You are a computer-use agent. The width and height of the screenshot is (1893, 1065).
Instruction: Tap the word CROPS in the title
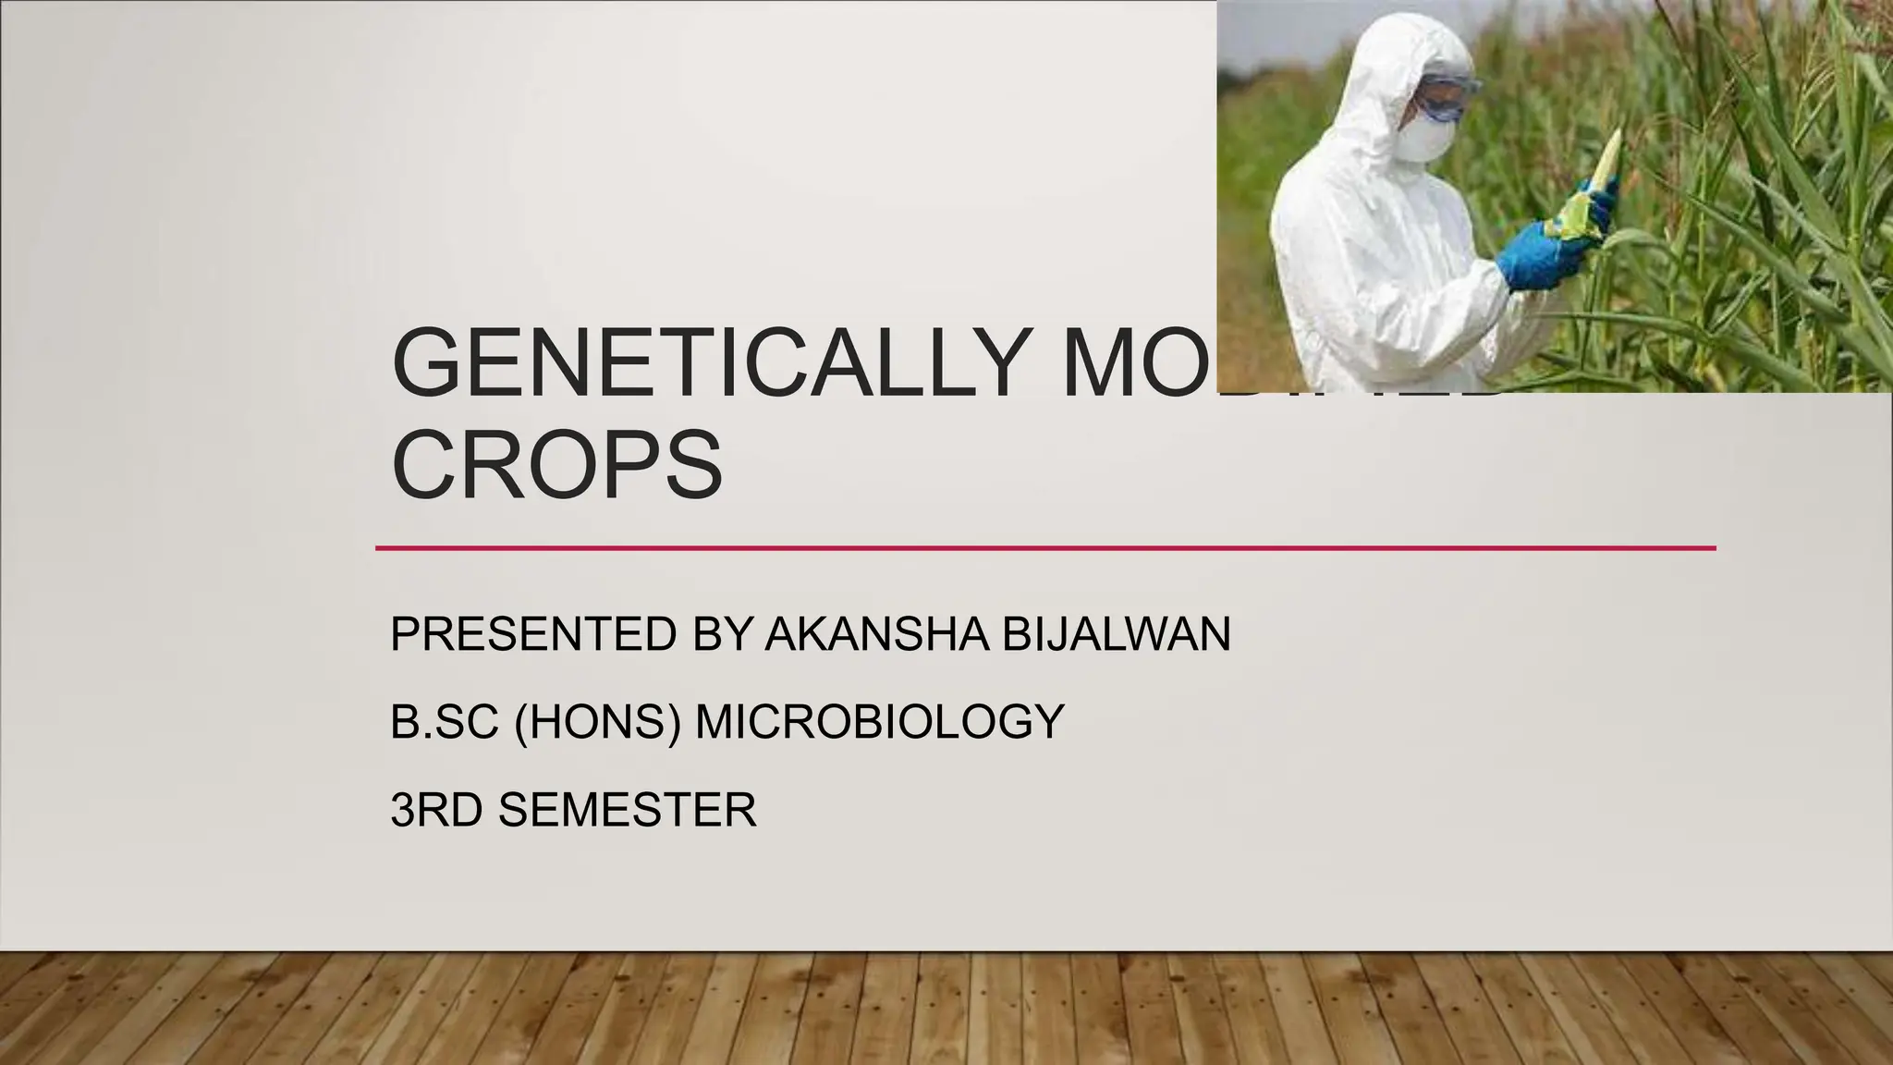556,464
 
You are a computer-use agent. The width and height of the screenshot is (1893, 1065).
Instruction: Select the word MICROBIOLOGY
879,721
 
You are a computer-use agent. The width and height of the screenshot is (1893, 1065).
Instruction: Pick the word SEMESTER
627,810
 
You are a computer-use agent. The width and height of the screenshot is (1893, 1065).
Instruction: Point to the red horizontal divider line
1044,548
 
